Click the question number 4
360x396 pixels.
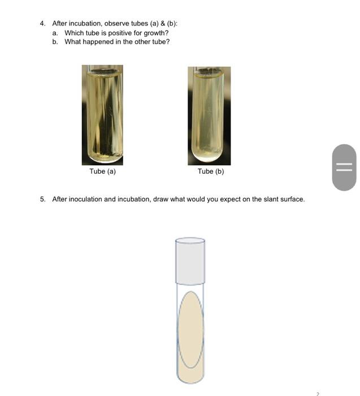click(42, 23)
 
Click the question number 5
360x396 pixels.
click(42, 199)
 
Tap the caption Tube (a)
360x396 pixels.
click(102, 171)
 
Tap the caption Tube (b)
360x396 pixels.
click(211, 171)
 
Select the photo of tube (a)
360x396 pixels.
click(102, 115)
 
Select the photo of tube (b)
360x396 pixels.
click(209, 115)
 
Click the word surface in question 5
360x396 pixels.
click(290, 199)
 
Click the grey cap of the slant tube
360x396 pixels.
click(190, 260)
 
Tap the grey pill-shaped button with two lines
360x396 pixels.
click(344, 167)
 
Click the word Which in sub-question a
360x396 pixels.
click(73, 33)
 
